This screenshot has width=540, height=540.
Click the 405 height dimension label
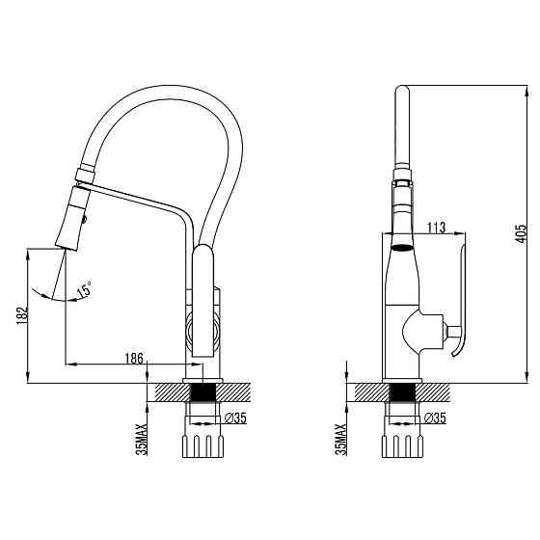coord(521,233)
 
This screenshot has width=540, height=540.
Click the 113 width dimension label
coord(436,228)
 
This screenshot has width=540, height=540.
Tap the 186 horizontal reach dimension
coord(134,359)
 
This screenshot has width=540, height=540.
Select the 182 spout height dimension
coord(22,314)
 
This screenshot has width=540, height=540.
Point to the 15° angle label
coord(85,288)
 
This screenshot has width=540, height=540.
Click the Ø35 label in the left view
coord(235,418)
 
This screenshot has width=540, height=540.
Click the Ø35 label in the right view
coord(435,418)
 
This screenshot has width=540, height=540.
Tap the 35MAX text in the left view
coord(142,440)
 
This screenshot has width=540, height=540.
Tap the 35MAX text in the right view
coord(341,440)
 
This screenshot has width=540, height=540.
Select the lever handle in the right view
coord(460,300)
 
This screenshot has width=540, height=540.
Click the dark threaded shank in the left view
coord(203,392)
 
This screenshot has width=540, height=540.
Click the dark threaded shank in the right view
coord(402,392)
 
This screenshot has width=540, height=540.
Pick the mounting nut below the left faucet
coord(202,446)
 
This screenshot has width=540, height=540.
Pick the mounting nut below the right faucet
coord(402,446)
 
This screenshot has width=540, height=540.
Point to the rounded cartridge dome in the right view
coord(412,333)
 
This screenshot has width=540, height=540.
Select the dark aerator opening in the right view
coord(402,247)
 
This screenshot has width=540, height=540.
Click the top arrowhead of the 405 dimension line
coord(526,91)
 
